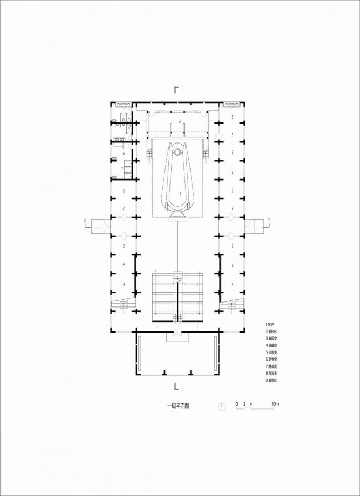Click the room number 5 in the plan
tap(179, 121)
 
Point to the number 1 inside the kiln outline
tap(179, 194)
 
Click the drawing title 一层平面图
tap(178, 406)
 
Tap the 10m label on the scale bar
tap(275, 404)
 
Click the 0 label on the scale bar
tap(236, 404)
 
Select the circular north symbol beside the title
tap(222, 406)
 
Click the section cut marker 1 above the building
tap(178, 88)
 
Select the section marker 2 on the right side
tap(269, 221)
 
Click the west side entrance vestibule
tap(99, 226)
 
